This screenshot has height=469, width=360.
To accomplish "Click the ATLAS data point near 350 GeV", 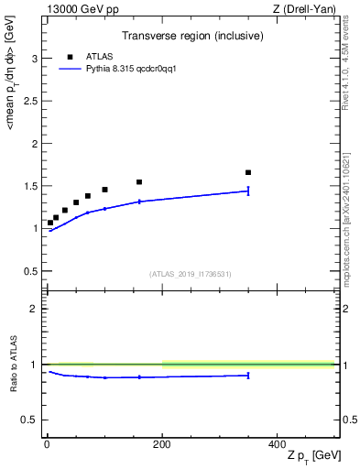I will pos(248,172).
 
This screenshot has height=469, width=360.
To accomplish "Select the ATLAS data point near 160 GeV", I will pos(139,182).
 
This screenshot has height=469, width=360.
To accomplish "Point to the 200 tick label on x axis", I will pos(162,443).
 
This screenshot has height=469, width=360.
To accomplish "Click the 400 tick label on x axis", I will pos(277,443).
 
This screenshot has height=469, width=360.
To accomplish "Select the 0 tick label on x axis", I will pos(47,443).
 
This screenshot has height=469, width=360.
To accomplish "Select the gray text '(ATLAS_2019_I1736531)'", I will pos(191,273).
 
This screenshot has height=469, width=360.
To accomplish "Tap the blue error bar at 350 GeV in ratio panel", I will pos(248,375).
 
